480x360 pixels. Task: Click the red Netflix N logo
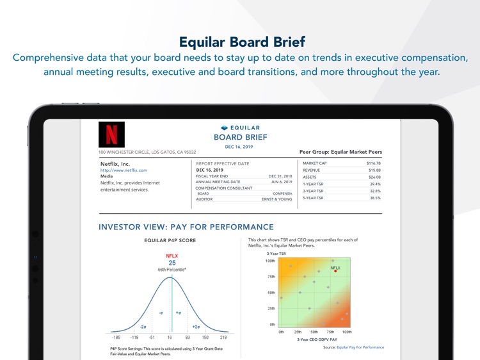coord(111,134)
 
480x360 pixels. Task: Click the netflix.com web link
coord(124,170)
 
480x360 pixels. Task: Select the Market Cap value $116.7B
coord(373,163)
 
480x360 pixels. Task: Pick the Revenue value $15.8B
coord(374,170)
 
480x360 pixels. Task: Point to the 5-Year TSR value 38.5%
coord(375,198)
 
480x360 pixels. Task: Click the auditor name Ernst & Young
coord(276,199)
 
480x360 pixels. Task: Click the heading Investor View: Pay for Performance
coord(186,227)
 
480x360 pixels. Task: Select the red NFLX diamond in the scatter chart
coord(335,271)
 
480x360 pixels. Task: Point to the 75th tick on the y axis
coord(271,277)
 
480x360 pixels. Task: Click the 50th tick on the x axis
coord(314,332)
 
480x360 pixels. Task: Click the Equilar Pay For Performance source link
coord(360,347)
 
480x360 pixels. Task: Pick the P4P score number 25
coord(172,263)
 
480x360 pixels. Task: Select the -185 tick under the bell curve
coord(116,337)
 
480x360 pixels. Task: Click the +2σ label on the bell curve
coord(196,327)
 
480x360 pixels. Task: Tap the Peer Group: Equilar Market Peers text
coord(340,152)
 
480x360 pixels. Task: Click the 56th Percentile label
coord(172,270)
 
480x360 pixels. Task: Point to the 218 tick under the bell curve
coord(223,337)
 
